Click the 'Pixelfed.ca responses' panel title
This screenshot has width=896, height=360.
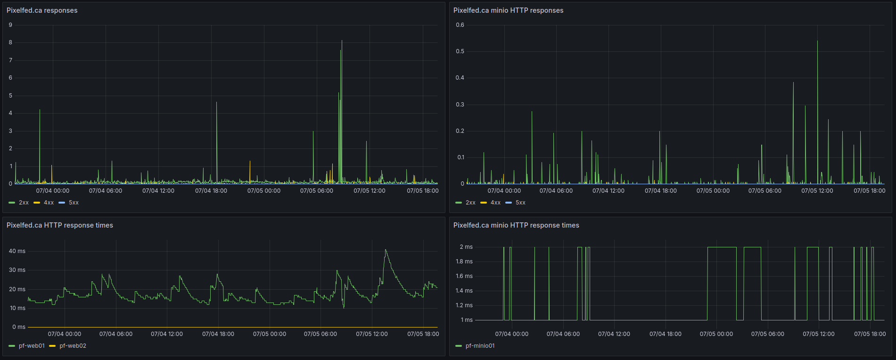[x=42, y=10]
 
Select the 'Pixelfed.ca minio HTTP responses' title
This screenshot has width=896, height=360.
[x=508, y=10]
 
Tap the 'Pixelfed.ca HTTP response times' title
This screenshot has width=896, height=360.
[x=60, y=225]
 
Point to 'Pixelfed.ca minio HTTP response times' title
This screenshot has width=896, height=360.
[x=516, y=225]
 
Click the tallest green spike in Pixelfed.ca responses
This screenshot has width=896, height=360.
[x=342, y=41]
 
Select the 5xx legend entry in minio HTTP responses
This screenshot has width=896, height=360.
[x=515, y=203]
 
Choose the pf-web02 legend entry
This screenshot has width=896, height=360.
[x=68, y=346]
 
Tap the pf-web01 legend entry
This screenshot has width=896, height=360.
[x=27, y=346]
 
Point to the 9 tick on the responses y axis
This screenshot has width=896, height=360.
[x=10, y=25]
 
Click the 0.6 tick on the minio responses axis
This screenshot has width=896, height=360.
[x=460, y=25]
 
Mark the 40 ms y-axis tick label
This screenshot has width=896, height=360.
[x=17, y=251]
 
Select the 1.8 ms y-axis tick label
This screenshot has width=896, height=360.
[x=464, y=262]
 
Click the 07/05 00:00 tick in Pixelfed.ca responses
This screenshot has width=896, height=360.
[x=264, y=191]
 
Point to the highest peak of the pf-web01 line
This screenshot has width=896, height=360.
[x=386, y=250]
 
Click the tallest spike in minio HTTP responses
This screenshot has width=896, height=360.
[x=817, y=41]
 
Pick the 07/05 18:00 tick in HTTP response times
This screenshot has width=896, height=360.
[x=423, y=334]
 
